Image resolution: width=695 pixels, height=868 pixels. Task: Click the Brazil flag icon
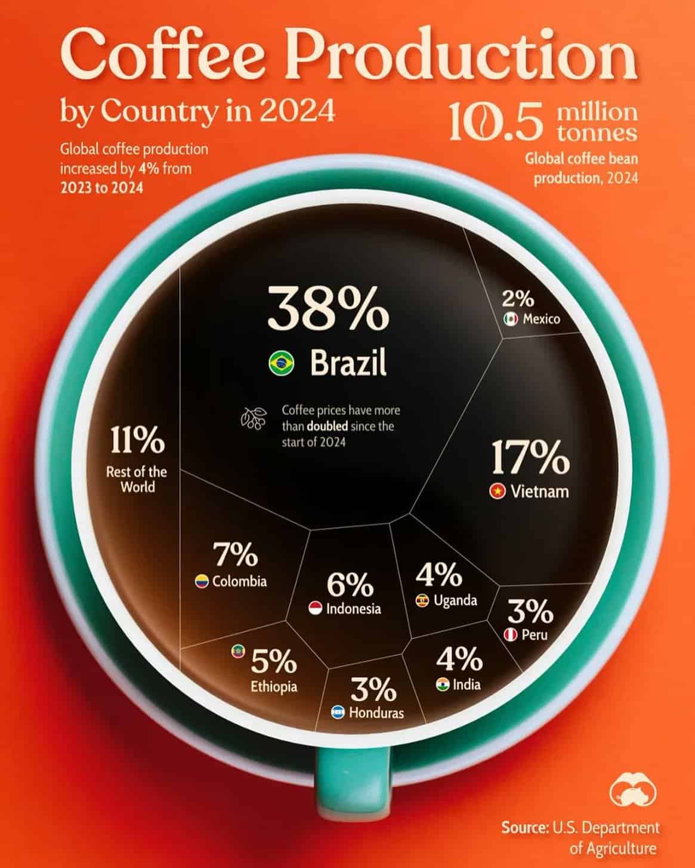(x=281, y=363)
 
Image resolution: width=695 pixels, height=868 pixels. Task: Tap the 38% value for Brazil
(x=328, y=308)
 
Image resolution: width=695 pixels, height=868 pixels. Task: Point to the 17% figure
(x=530, y=458)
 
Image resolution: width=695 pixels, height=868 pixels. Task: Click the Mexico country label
(x=541, y=319)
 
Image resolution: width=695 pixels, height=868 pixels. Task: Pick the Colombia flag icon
(x=202, y=581)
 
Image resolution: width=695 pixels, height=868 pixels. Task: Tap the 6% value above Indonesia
(x=350, y=585)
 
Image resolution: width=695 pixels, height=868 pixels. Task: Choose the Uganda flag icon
(x=423, y=600)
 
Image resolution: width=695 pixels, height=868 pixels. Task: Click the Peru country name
(x=534, y=635)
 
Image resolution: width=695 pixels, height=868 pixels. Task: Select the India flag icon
(x=442, y=684)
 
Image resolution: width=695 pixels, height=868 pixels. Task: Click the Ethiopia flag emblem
(x=238, y=652)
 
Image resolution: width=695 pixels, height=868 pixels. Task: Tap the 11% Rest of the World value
(x=137, y=441)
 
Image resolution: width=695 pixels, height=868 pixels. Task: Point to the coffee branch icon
(x=254, y=418)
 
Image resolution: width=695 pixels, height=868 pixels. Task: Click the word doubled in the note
(x=328, y=426)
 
